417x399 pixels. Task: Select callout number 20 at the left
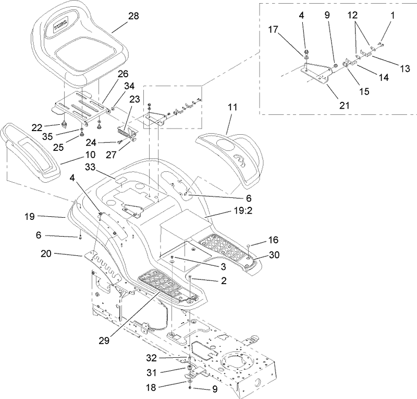pyautogui.click(x=46, y=254)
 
